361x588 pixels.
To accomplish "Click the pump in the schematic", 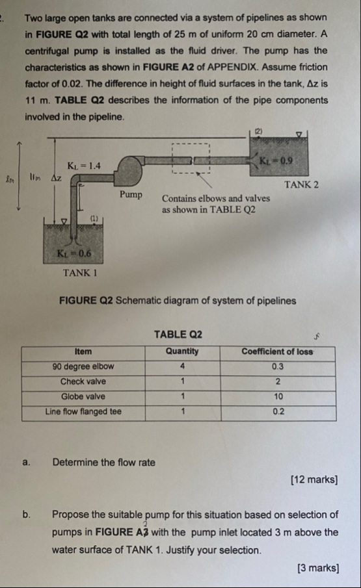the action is coord(130,171).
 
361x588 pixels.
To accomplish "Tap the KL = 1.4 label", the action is coord(84,166).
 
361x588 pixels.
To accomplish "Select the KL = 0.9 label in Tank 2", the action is coord(276,161).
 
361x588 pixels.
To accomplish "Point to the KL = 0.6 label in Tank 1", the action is coord(74,253).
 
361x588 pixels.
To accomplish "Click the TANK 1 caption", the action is coord(80,273).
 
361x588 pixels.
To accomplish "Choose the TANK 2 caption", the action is coord(301,185).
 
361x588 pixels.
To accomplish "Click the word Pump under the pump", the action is coord(131,195).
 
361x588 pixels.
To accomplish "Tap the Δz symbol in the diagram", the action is coord(57,178).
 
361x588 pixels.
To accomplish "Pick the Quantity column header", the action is coord(182,352).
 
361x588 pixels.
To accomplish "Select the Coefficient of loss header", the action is coord(277,352).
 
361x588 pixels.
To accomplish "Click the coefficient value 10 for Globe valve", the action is coord(278,396).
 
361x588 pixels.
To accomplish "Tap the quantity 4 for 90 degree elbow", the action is coord(182,366).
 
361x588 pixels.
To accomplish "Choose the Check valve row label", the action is coord(83,381).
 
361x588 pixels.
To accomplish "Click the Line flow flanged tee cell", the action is coord(83,412).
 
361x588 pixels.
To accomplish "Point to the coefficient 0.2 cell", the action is coord(278,412).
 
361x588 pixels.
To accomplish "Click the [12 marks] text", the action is coord(314,479).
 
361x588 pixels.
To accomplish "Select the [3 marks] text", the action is coord(318,568).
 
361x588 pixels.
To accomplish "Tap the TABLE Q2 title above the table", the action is coord(178,335).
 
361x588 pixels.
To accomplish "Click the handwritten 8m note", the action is coord(10,179).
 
